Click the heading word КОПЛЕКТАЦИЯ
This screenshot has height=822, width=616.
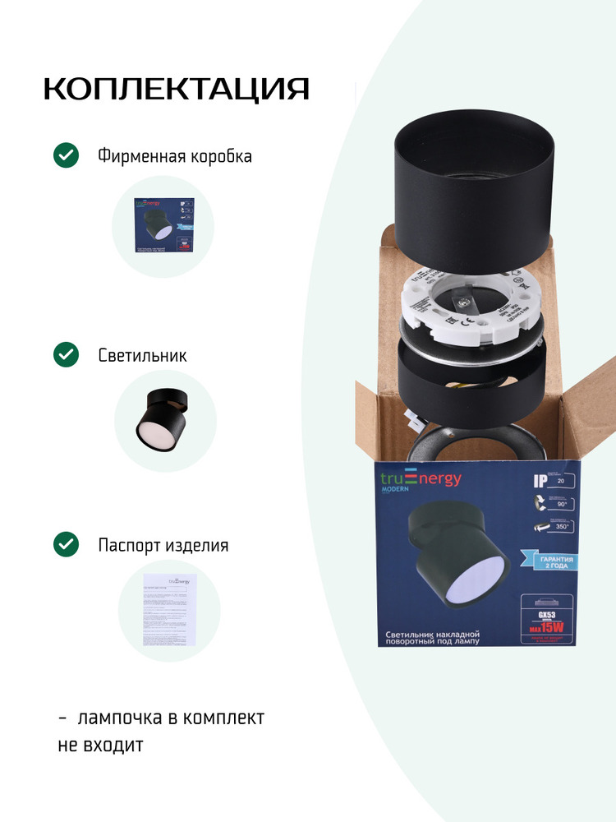click(176, 89)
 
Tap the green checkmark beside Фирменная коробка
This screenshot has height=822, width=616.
click(66, 155)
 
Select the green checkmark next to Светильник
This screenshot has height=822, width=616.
click(66, 354)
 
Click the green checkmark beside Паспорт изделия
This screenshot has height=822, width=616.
click(66, 544)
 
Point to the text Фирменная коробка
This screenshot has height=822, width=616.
click(174, 155)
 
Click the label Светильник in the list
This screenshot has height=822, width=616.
click(142, 355)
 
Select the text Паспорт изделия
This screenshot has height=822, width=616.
click(163, 545)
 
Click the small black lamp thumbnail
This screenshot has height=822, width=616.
click(164, 421)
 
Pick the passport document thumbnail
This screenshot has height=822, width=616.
click(169, 610)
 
